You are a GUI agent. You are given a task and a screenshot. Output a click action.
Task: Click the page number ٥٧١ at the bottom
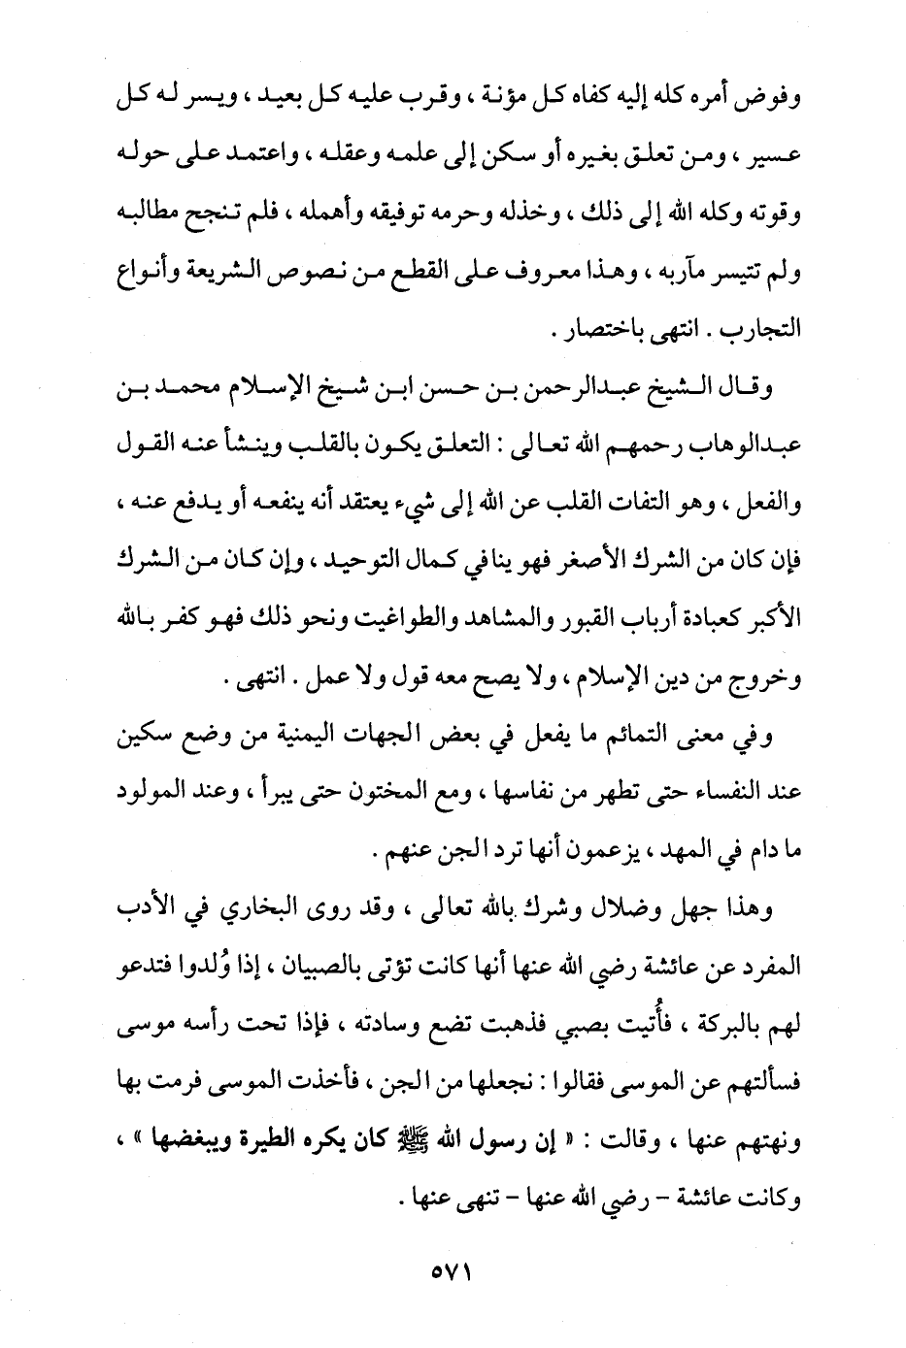point(453,1269)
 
